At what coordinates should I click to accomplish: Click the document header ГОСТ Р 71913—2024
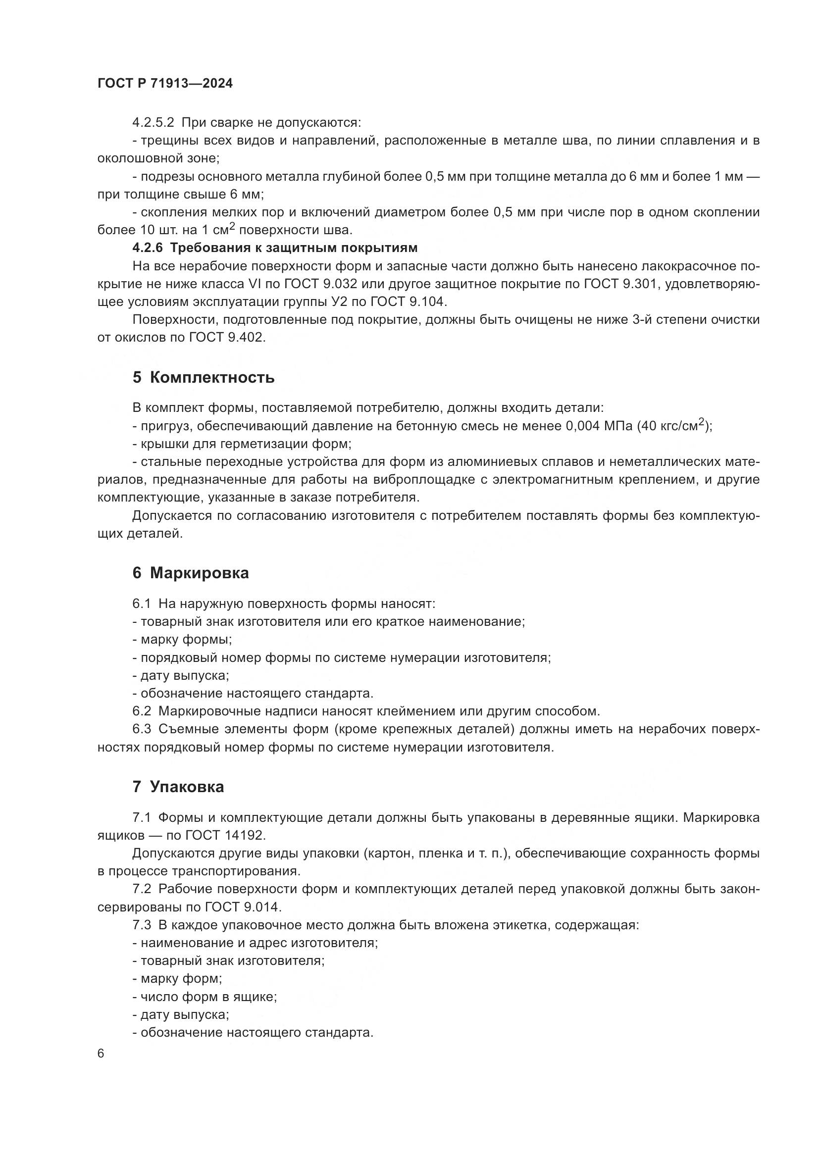click(165, 84)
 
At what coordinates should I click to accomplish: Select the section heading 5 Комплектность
click(203, 377)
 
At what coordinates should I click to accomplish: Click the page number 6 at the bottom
click(101, 1054)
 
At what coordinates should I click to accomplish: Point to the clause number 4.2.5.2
click(153, 123)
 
